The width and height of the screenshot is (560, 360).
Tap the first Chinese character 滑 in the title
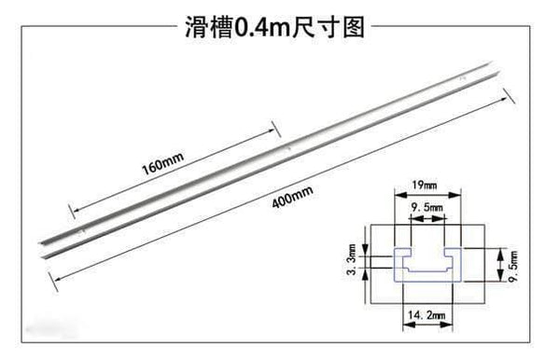click(195, 27)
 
